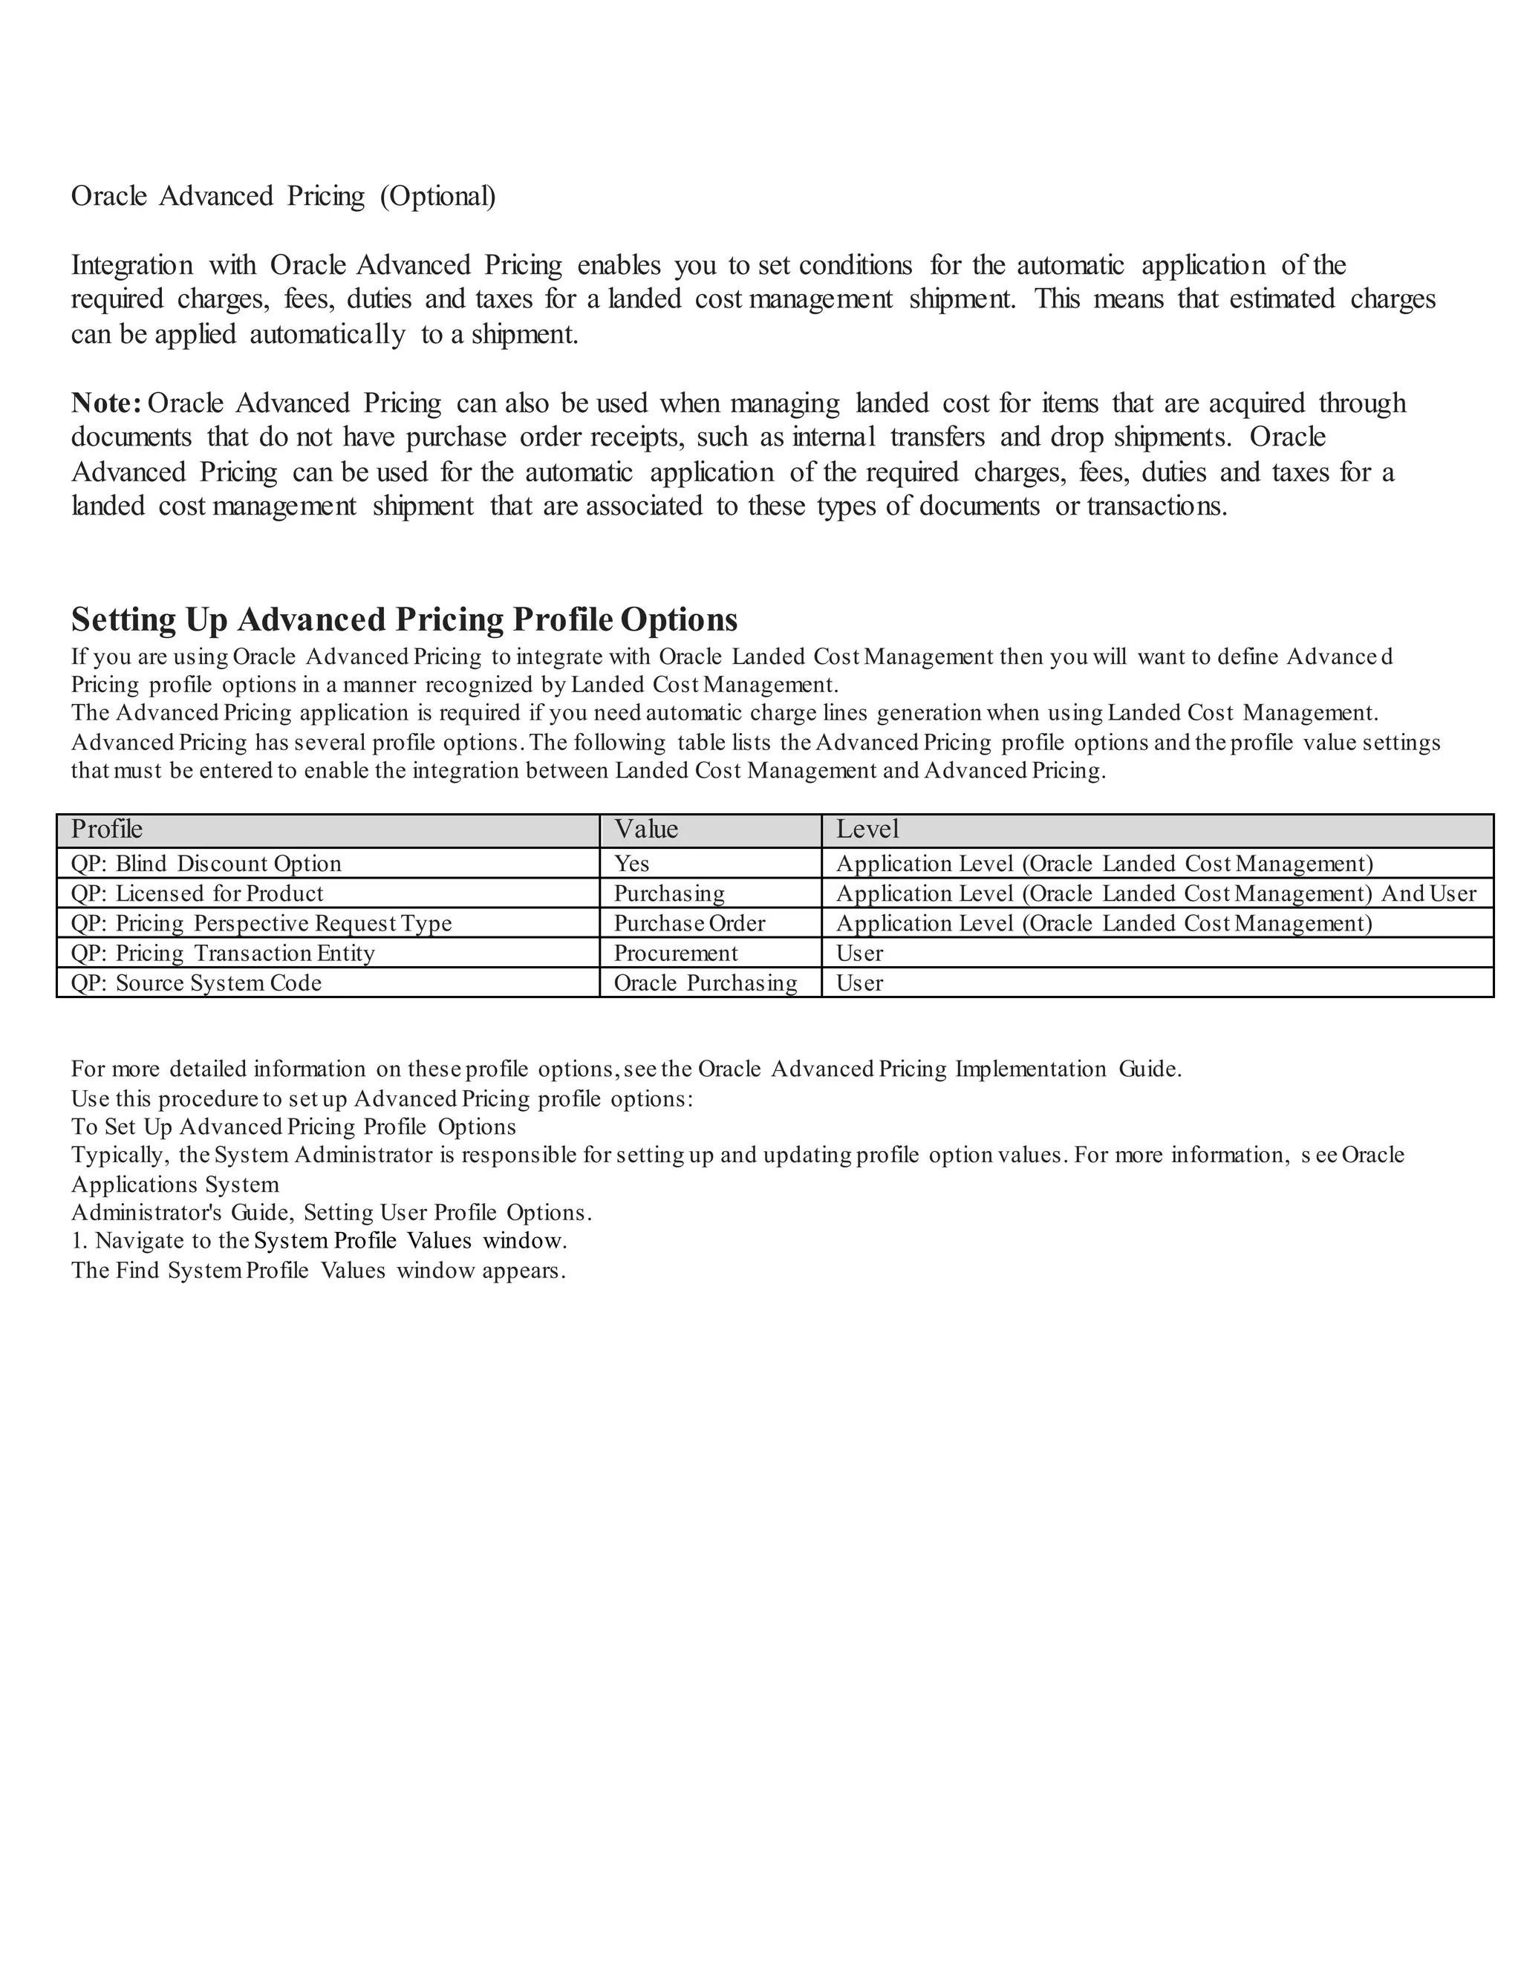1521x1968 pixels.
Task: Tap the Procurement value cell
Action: (675, 954)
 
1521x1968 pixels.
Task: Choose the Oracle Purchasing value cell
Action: (705, 983)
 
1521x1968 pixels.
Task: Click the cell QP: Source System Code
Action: (195, 983)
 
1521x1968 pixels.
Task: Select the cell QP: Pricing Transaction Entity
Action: (223, 954)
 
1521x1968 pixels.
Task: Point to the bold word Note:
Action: (105, 403)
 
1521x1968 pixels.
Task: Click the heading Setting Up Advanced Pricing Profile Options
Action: (404, 620)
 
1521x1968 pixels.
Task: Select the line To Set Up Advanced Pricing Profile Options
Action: (293, 1127)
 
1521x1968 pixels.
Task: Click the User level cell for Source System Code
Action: (859, 983)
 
